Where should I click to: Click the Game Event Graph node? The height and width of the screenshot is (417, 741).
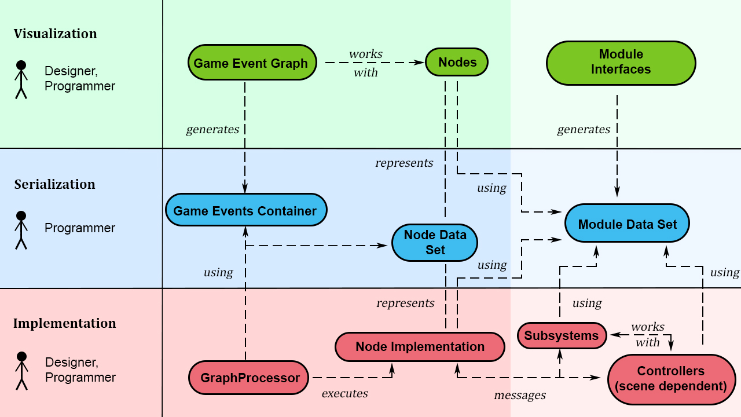(251, 63)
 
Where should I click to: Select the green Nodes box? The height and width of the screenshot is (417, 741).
(457, 62)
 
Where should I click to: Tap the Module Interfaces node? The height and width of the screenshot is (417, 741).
(621, 63)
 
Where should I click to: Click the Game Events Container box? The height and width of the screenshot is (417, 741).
(245, 210)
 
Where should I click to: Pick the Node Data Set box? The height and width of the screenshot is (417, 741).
(435, 243)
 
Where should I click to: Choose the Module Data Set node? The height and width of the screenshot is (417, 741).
(627, 224)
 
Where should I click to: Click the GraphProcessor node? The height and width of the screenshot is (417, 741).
(249, 378)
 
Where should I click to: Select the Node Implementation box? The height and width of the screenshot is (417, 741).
(420, 347)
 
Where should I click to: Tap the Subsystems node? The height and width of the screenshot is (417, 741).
(562, 336)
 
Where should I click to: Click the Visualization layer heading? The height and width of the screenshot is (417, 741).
(56, 34)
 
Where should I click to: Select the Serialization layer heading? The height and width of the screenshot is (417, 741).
(55, 184)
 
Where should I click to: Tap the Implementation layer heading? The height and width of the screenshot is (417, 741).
(65, 323)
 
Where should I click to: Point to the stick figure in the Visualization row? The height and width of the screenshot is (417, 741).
(21, 79)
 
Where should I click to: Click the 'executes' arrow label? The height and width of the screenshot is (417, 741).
(345, 393)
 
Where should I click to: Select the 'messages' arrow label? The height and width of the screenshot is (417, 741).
(520, 396)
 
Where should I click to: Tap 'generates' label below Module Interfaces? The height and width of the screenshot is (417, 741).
(584, 130)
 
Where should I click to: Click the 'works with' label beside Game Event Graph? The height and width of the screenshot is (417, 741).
(366, 63)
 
